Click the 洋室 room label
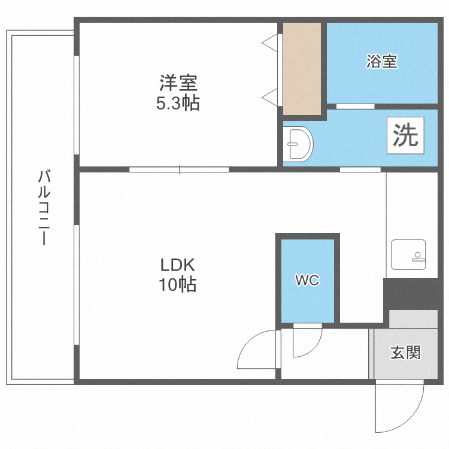click(178, 81)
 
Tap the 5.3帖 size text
click(178, 104)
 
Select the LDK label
click(178, 264)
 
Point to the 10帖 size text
click(178, 285)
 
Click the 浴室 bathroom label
click(381, 61)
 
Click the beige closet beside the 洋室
click(302, 68)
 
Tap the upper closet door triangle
click(271, 43)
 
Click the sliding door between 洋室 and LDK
click(179, 169)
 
